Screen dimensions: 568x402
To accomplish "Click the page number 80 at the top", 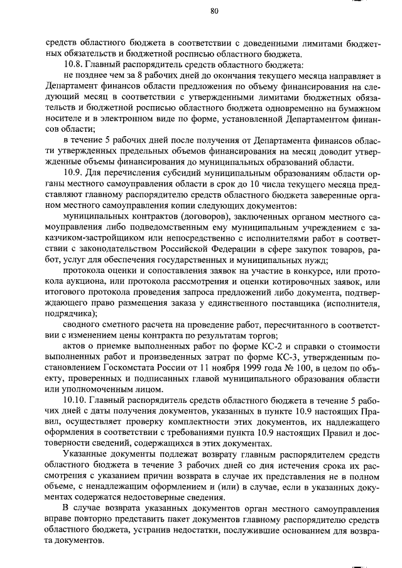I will (x=214, y=11).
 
